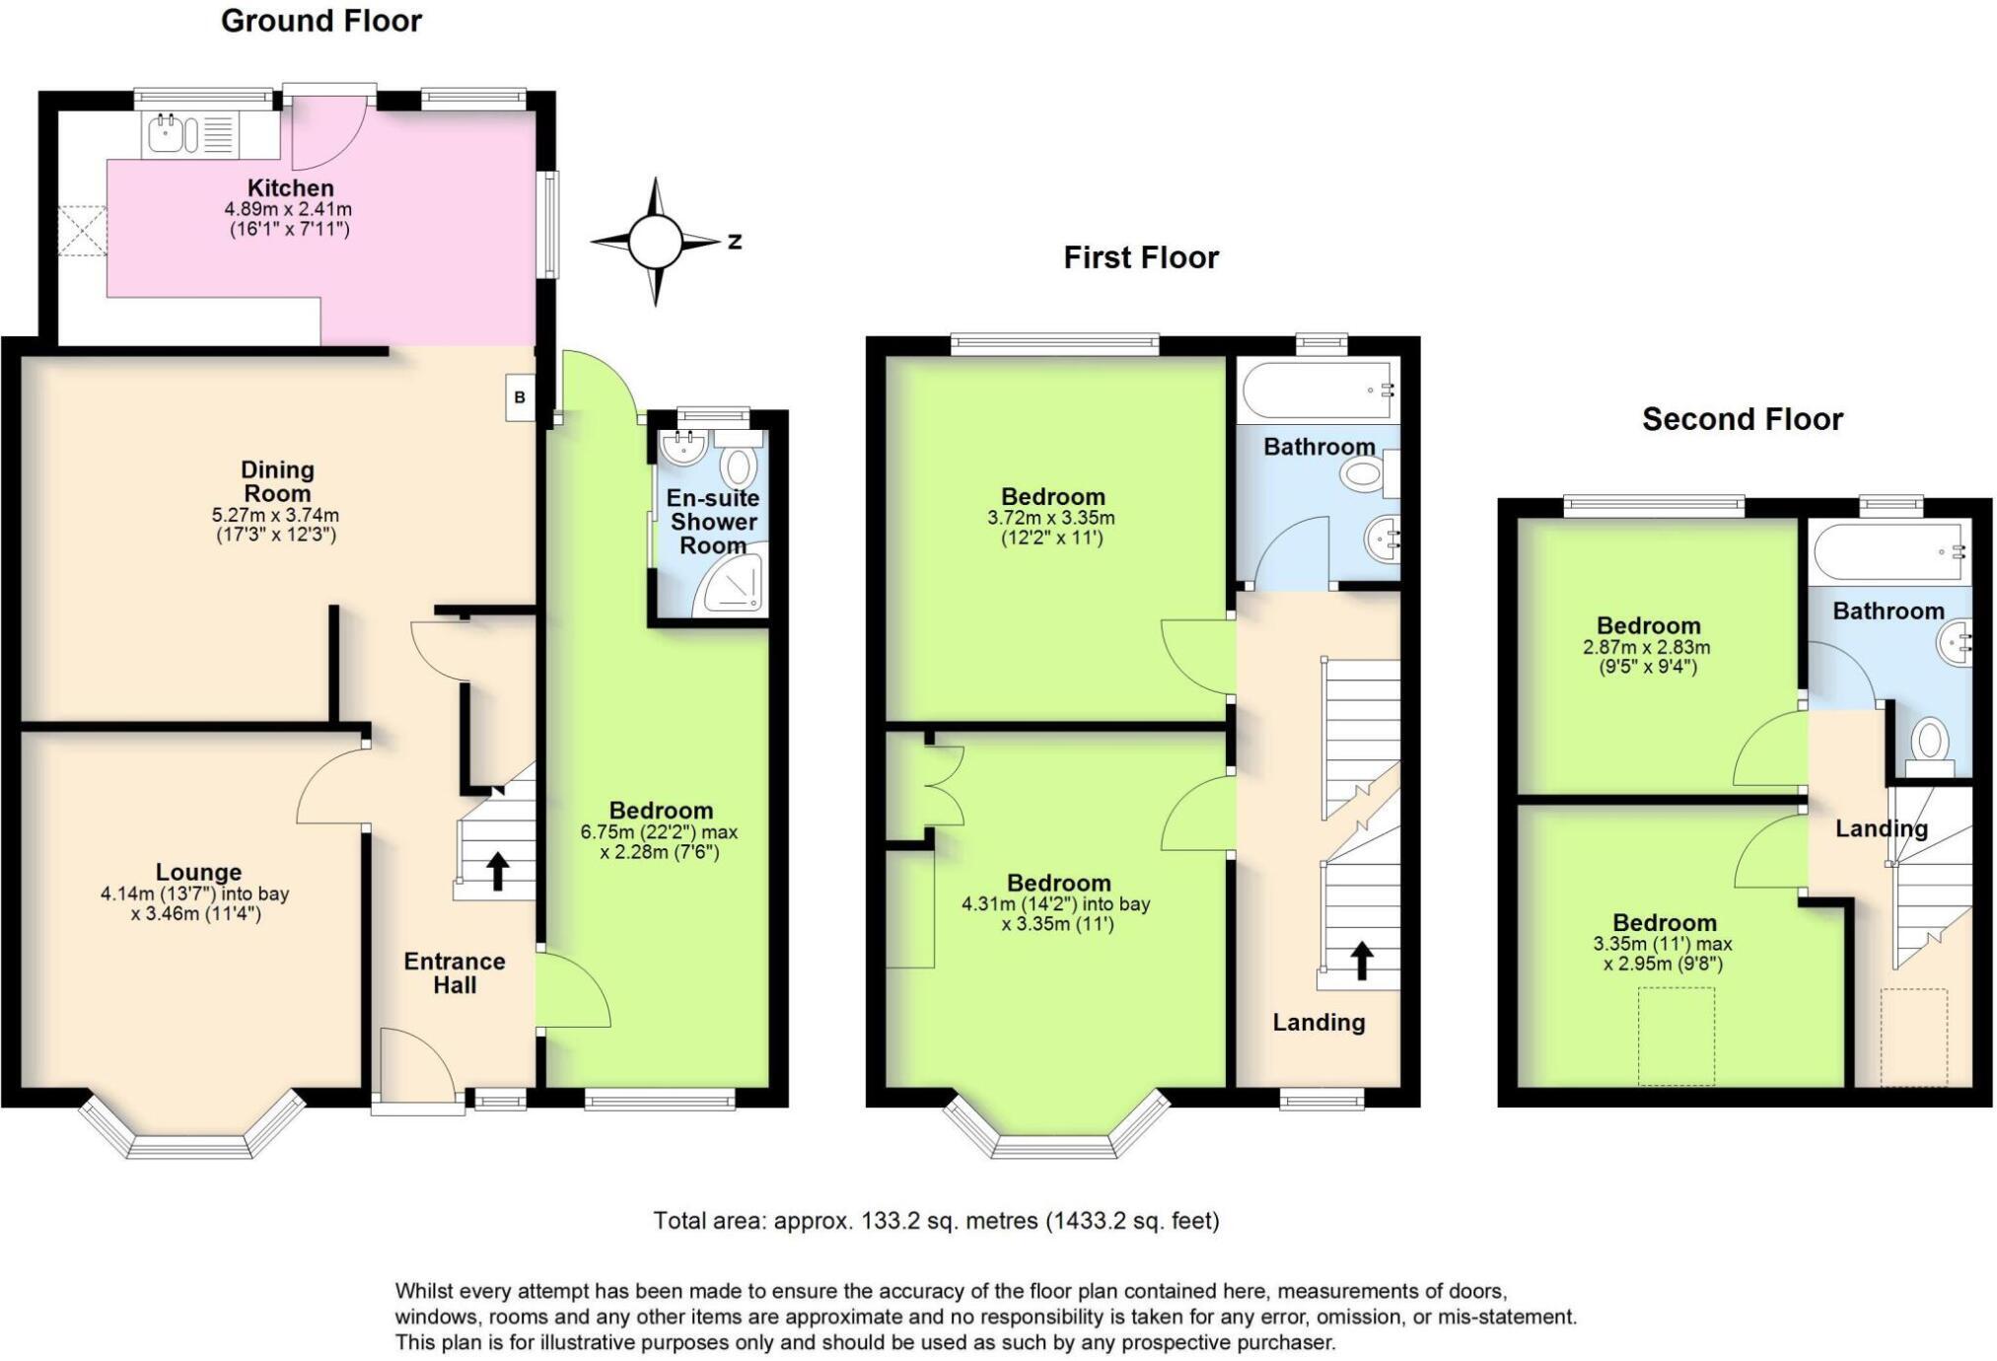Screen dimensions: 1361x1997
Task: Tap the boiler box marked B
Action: pos(520,397)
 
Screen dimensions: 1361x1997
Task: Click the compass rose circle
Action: pos(655,242)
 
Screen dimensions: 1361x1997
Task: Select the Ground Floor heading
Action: pos(321,21)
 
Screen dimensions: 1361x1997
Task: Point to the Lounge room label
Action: pos(198,872)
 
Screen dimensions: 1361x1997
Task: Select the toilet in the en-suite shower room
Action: pos(738,464)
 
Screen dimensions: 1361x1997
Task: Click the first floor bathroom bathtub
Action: pos(1317,391)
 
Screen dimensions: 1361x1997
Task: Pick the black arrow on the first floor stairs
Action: pos(1362,960)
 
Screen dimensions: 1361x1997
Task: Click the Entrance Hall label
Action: pos(455,972)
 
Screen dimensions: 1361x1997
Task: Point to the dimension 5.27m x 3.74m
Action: pos(275,515)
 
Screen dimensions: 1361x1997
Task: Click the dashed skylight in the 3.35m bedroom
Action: pos(1676,1036)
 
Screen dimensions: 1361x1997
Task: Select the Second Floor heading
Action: pos(1742,419)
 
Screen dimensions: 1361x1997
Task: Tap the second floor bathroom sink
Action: pos(1956,643)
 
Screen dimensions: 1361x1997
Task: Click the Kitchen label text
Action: pos(290,187)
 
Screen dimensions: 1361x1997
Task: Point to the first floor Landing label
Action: pos(1318,1022)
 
